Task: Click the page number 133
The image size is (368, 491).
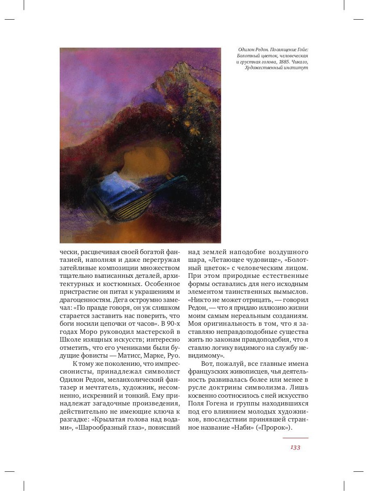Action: pyautogui.click(x=295, y=448)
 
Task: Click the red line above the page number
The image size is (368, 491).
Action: pyautogui.click(x=295, y=438)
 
